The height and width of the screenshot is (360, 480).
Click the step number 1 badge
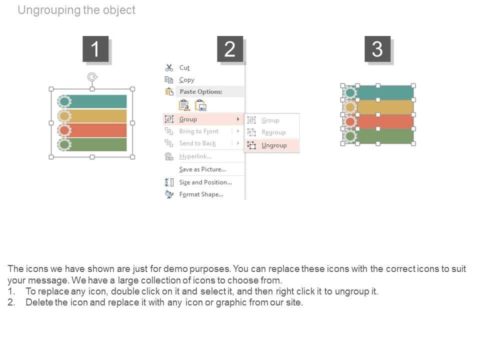pyautogui.click(x=95, y=49)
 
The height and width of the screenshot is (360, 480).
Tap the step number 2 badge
pyautogui.click(x=229, y=49)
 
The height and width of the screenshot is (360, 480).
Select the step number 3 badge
pyautogui.click(x=377, y=49)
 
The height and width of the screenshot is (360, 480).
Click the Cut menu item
pyautogui.click(x=184, y=67)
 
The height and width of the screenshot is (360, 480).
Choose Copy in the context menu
pyautogui.click(x=186, y=80)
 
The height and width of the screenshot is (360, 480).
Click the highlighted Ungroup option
pyautogui.click(x=274, y=145)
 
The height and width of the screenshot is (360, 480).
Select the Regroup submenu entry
pyautogui.click(x=273, y=132)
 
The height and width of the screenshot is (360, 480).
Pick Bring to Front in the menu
pyautogui.click(x=198, y=131)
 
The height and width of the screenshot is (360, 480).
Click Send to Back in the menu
pyautogui.click(x=197, y=143)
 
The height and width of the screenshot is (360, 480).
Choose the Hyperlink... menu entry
pyautogui.click(x=195, y=156)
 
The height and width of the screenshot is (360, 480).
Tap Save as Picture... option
pyautogui.click(x=202, y=169)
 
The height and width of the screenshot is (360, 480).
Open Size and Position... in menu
pyautogui.click(x=205, y=182)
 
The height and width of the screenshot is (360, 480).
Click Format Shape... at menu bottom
pyautogui.click(x=201, y=194)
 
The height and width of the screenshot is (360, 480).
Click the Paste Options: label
pyautogui.click(x=200, y=92)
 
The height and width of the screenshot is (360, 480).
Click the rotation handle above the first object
pyautogui.click(x=92, y=76)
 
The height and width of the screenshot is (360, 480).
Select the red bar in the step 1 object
pyautogui.click(x=98, y=130)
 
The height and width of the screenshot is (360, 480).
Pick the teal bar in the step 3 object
pyautogui.click(x=385, y=92)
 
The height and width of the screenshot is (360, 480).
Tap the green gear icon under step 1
pyautogui.click(x=64, y=145)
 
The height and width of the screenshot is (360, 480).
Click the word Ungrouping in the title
pyautogui.click(x=48, y=10)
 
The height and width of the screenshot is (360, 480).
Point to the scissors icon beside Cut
pyautogui.click(x=169, y=67)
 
